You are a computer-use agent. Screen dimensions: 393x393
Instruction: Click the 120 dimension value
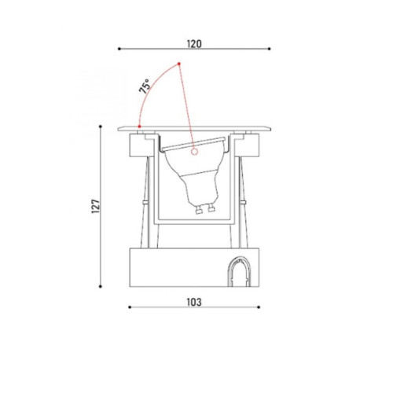pyautogui.click(x=194, y=44)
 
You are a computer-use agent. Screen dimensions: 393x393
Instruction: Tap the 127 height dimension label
pyautogui.click(x=96, y=206)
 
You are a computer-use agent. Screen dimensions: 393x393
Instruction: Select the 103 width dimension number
pyautogui.click(x=194, y=302)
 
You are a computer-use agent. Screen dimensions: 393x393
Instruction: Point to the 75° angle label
pyautogui.click(x=145, y=86)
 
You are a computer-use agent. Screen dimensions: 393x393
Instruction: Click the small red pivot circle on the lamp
pyautogui.click(x=194, y=152)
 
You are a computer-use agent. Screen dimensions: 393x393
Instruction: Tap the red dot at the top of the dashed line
pyautogui.click(x=179, y=64)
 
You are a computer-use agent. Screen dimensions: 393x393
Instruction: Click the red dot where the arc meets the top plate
pyautogui.click(x=139, y=127)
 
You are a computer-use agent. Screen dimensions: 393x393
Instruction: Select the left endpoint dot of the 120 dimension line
pyautogui.click(x=119, y=49)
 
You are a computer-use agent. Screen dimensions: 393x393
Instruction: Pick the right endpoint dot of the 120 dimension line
pyautogui.click(x=270, y=49)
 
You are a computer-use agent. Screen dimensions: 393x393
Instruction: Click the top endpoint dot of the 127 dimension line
pyautogui.click(x=101, y=127)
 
